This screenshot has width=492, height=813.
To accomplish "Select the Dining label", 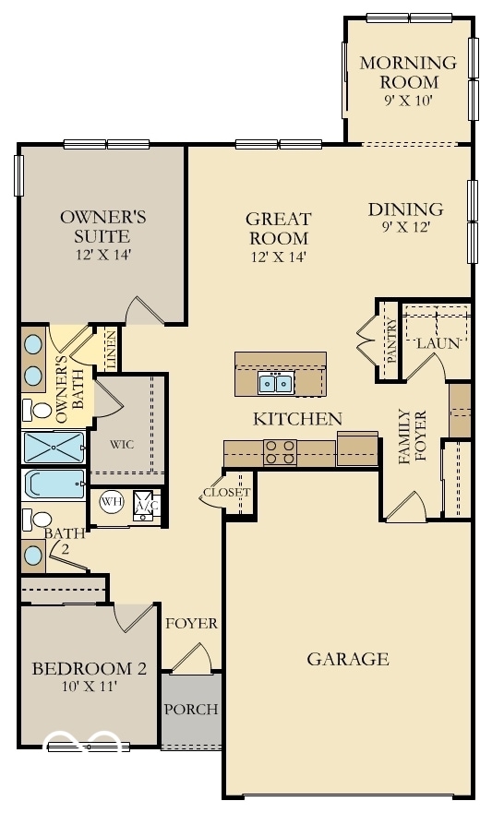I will point(405,209).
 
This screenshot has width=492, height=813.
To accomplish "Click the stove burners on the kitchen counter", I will point(281,451).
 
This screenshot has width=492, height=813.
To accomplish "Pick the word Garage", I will point(347,659).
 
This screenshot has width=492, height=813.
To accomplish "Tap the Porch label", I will point(191,710).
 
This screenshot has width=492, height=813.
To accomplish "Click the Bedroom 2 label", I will point(89,669).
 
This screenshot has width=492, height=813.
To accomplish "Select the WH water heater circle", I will point(112,502).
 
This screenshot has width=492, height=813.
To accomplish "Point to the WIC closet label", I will point(122,444).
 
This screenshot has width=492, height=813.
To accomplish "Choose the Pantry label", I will point(390,341).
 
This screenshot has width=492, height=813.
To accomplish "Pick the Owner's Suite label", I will point(102,226).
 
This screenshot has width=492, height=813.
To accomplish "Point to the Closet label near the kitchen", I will point(226,493).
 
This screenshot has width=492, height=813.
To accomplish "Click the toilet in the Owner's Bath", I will point(40,410).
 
